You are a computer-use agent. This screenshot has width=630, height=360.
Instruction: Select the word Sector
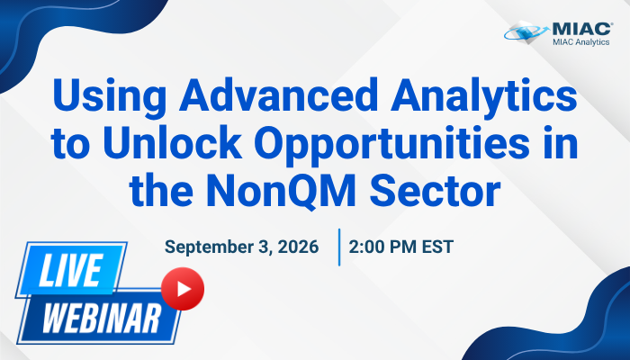click(435, 190)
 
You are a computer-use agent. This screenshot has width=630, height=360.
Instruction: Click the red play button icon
click(183, 289)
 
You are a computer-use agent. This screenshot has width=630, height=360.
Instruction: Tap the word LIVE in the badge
click(71, 270)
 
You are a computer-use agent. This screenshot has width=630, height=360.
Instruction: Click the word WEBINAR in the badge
click(102, 319)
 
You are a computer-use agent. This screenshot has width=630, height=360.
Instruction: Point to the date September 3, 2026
click(241, 247)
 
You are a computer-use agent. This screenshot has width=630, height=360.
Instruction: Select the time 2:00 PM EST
click(401, 247)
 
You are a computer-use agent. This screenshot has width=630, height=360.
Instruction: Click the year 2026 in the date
click(298, 247)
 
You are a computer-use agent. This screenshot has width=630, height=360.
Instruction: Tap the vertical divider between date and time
click(339, 247)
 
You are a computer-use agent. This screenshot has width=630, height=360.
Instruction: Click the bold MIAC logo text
click(582, 29)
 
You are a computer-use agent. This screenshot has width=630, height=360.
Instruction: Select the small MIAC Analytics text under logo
click(581, 41)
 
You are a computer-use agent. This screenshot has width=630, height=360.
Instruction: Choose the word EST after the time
click(437, 247)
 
